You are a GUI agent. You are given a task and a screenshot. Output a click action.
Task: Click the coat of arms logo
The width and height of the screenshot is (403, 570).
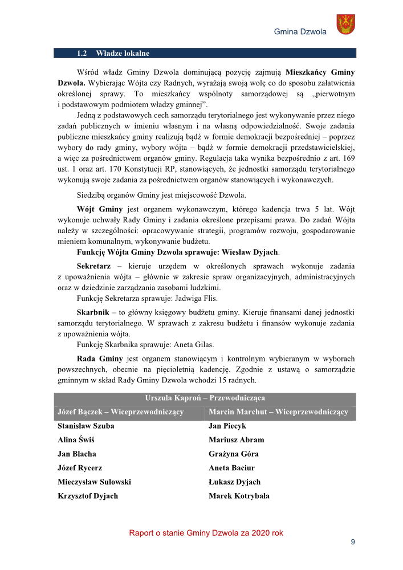(x=345, y=24)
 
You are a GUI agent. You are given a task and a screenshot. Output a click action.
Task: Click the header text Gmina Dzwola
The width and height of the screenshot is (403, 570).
(x=300, y=32)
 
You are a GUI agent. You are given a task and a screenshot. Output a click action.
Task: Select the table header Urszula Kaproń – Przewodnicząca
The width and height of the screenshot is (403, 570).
(x=205, y=398)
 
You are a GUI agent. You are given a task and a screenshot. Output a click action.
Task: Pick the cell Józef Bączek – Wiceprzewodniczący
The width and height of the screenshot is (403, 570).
(x=120, y=412)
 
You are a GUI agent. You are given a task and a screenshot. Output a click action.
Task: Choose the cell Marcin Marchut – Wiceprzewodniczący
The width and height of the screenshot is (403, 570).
(x=278, y=412)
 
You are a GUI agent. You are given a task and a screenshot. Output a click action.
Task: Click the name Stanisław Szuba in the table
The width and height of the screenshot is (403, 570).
(x=86, y=426)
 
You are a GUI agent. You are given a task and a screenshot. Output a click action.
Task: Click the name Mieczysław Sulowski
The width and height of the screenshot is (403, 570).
(x=94, y=482)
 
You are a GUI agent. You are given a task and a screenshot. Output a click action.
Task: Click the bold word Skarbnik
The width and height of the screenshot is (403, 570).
(x=93, y=312)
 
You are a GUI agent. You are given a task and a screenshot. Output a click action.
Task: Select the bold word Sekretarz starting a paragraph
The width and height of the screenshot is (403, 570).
(x=93, y=266)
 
